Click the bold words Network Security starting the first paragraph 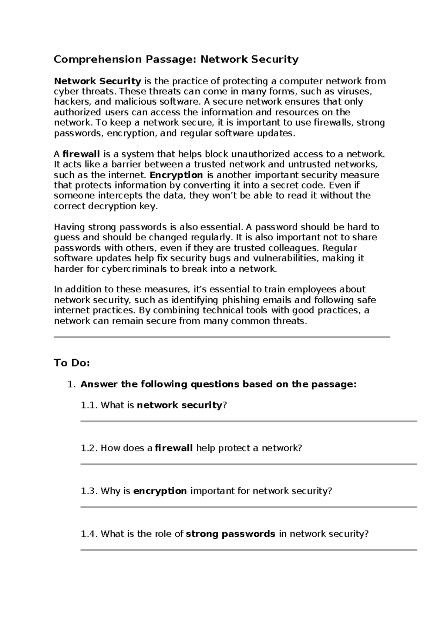tap(97, 81)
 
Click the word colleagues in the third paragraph tap(293, 248)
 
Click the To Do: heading tap(72, 363)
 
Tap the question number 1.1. tap(89, 405)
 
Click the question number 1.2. tap(89, 448)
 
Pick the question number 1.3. tap(89, 491)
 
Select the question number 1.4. tap(89, 534)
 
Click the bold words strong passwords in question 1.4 tap(230, 534)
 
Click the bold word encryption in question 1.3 tap(160, 491)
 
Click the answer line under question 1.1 tap(249, 421)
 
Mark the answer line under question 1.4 tap(249, 550)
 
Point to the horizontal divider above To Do tap(222, 337)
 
